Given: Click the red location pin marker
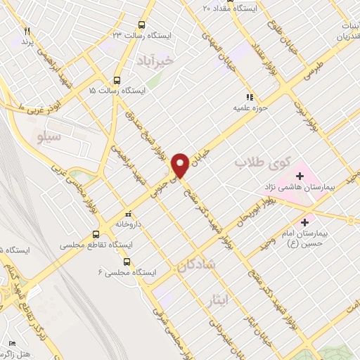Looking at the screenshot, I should coord(181,165).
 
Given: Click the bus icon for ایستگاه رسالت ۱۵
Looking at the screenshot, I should coord(116,79).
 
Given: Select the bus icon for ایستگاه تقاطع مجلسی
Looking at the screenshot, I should coord(96,235).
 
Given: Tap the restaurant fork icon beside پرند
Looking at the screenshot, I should coord(27,31).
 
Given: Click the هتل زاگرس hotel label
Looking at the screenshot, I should coord(27,349).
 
